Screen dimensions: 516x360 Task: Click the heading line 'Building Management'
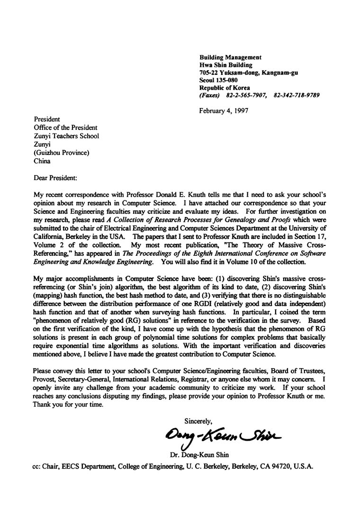click(230, 57)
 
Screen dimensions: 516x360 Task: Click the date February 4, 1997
click(224, 111)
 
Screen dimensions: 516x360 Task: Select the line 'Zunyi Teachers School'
click(66, 136)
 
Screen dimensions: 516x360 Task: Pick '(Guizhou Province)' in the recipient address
click(61, 153)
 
